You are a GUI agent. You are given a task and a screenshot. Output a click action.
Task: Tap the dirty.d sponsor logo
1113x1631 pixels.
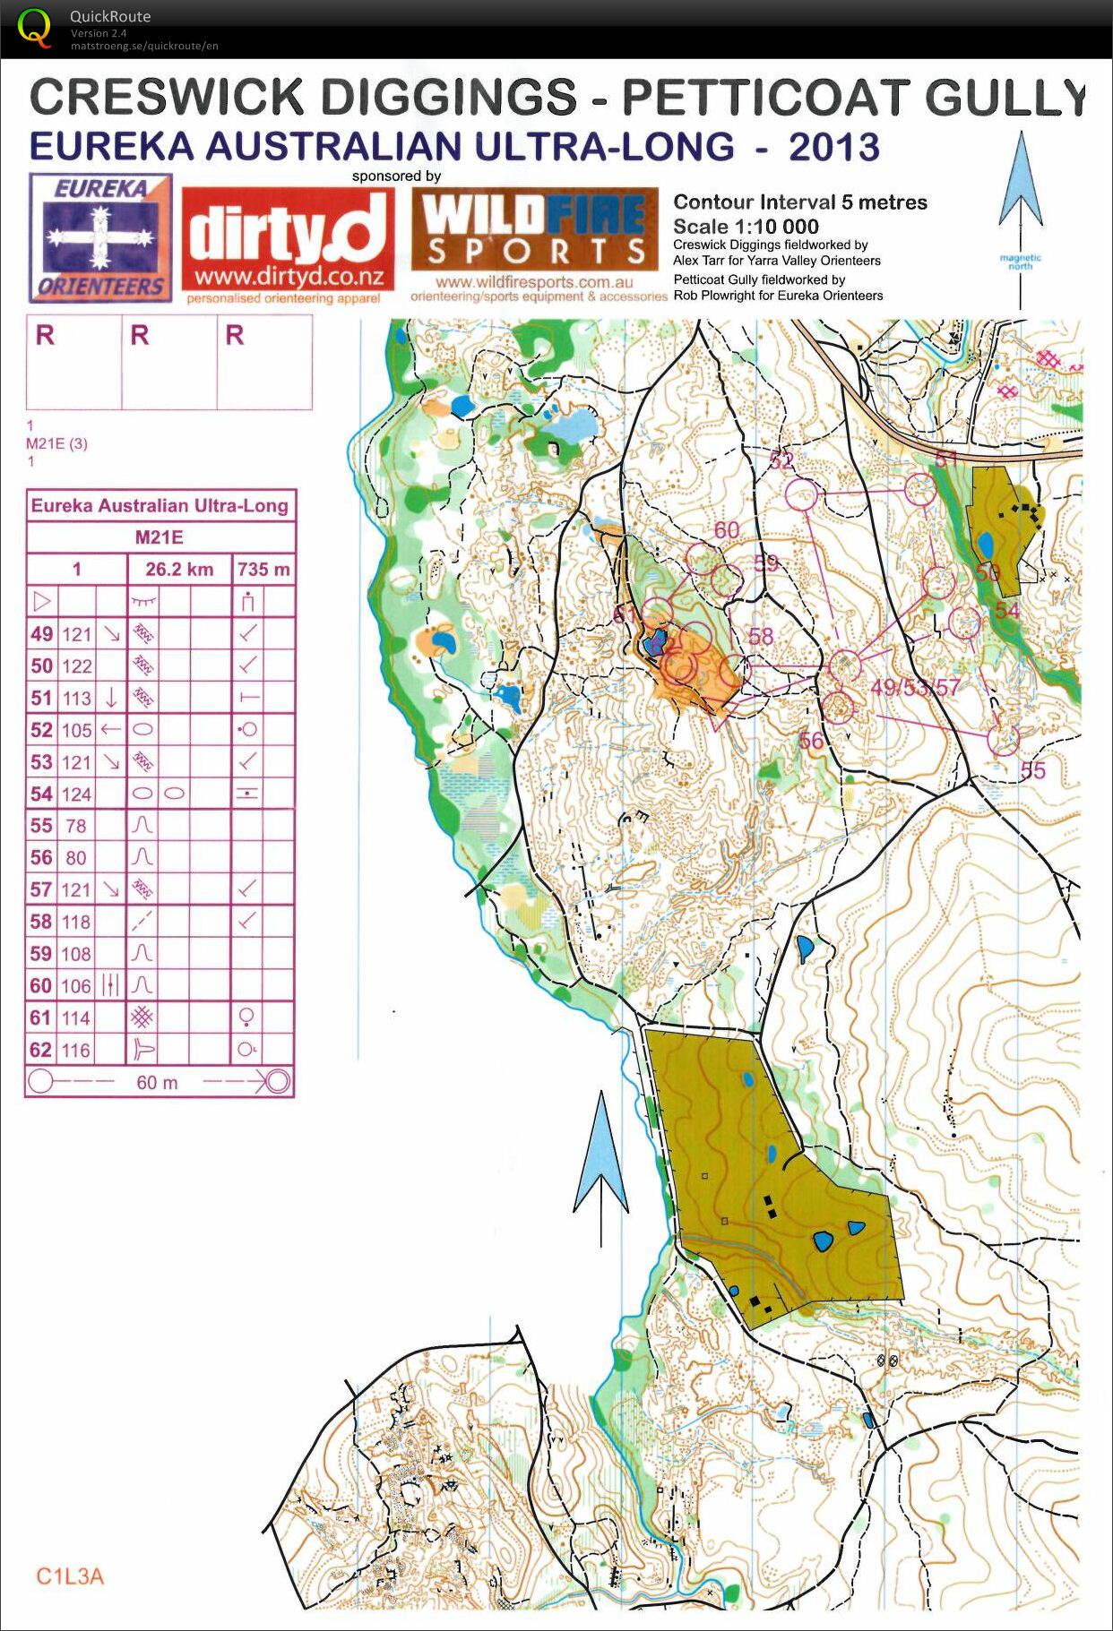[289, 240]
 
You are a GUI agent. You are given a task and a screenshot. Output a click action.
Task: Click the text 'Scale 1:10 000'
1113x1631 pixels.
[746, 227]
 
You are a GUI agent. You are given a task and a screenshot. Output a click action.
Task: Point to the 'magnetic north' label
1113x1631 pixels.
[1020, 262]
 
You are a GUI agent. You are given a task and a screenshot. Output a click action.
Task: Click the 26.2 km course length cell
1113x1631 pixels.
[179, 570]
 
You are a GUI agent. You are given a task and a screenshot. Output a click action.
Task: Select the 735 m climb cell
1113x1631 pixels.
[263, 570]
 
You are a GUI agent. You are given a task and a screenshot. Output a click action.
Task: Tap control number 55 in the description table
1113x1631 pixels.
[41, 826]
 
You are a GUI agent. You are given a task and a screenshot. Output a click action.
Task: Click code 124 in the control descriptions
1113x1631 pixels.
[76, 794]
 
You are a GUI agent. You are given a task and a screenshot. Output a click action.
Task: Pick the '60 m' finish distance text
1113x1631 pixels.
[157, 1083]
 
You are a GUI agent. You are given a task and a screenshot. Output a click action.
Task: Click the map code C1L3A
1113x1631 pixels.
[70, 1577]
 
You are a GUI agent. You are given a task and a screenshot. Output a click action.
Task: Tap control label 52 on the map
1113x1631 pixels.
[781, 460]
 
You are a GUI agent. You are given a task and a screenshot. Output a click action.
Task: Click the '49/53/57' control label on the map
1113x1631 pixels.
[915, 688]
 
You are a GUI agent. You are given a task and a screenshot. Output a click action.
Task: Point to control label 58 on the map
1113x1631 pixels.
[760, 637]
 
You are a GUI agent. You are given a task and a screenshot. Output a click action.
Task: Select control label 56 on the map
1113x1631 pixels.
[810, 741]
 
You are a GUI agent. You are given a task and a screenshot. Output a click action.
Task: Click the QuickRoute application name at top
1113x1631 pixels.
[109, 16]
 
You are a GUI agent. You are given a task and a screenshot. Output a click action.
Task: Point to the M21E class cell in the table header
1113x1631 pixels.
[160, 537]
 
